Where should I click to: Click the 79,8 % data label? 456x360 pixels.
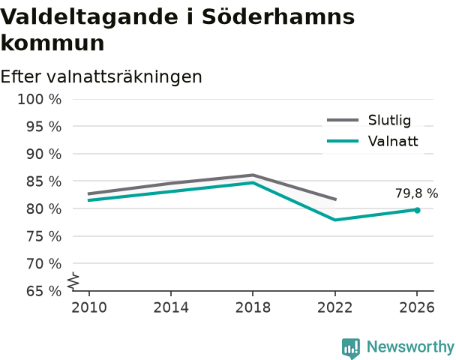pyautogui.click(x=416, y=193)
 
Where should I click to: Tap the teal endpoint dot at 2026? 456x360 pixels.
pyautogui.click(x=417, y=210)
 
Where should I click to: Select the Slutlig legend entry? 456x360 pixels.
pyautogui.click(x=369, y=120)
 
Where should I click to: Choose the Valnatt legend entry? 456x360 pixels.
pyautogui.click(x=372, y=141)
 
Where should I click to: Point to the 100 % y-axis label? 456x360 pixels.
pyautogui.click(x=40, y=100)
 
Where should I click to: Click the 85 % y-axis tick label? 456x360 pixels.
pyautogui.click(x=44, y=181)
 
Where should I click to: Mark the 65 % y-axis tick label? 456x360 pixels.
pyautogui.click(x=44, y=291)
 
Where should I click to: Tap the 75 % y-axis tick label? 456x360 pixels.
pyautogui.click(x=44, y=236)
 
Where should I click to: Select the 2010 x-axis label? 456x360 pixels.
pyautogui.click(x=89, y=307)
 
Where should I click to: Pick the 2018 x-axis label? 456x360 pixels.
pyautogui.click(x=253, y=307)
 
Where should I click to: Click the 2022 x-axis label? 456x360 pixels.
pyautogui.click(x=334, y=307)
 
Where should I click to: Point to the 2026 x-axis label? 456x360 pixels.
pyautogui.click(x=417, y=307)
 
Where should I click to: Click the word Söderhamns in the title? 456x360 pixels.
pyautogui.click(x=278, y=16)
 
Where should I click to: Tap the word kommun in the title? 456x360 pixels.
pyautogui.click(x=52, y=43)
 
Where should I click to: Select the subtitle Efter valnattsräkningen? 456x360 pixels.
pyautogui.click(x=101, y=76)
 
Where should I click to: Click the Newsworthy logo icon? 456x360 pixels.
pyautogui.click(x=351, y=348)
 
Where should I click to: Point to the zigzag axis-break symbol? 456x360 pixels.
pyautogui.click(x=73, y=281)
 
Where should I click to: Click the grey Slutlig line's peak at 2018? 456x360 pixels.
pyautogui.click(x=253, y=175)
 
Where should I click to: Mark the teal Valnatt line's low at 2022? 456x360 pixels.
pyautogui.click(x=335, y=220)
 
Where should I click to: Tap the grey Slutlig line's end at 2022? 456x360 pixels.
pyautogui.click(x=335, y=199)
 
